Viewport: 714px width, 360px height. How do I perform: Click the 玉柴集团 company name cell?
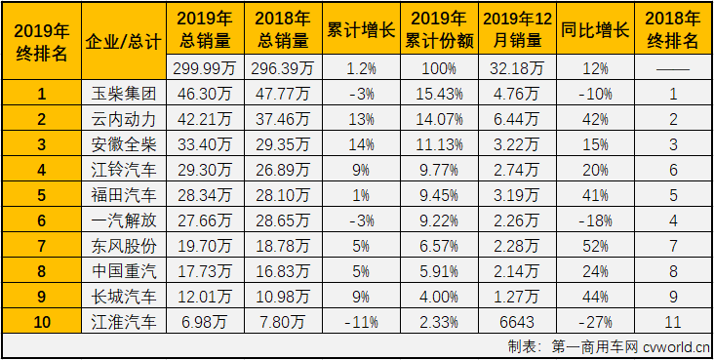[x=122, y=95]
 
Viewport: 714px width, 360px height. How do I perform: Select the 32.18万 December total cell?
[x=515, y=69]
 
